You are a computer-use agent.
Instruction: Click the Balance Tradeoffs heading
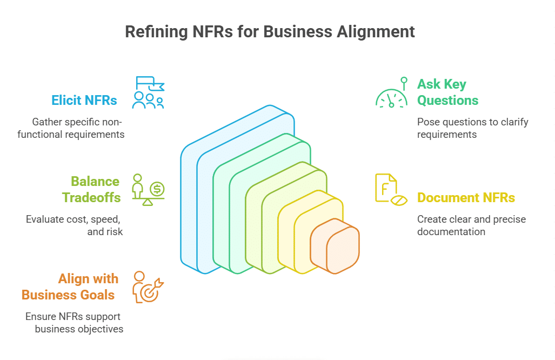click(91, 189)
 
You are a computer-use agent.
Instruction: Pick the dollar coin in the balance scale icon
click(158, 189)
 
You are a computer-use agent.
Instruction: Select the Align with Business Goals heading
click(71, 286)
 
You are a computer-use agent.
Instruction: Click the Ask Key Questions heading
click(447, 92)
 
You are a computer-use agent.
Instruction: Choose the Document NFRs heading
click(465, 198)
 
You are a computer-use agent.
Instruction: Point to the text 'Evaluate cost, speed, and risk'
click(74, 225)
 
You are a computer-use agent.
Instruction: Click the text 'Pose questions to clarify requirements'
click(472, 128)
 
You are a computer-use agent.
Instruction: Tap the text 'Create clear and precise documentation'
click(471, 225)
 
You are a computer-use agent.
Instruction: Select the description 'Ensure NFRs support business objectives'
click(74, 323)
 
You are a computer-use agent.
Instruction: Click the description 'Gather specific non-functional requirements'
click(71, 128)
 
